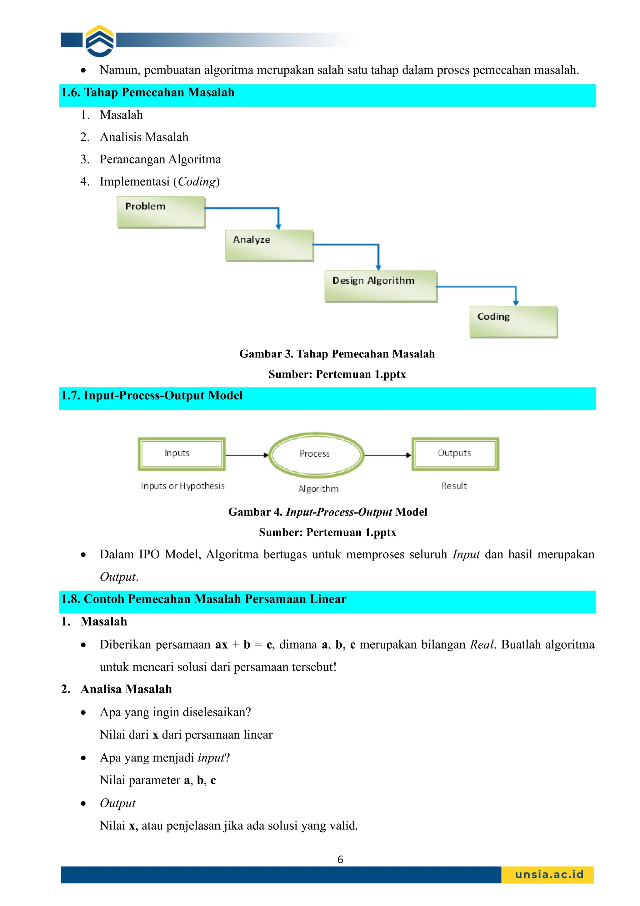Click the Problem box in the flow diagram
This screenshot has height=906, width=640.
(x=161, y=212)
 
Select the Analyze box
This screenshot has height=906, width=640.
(x=269, y=245)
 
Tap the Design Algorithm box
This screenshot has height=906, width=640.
(x=381, y=286)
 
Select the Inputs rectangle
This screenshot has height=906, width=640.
(x=181, y=454)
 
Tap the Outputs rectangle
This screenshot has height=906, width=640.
(x=455, y=454)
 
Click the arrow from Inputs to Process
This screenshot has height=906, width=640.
(x=247, y=455)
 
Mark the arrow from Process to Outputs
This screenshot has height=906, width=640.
(x=387, y=455)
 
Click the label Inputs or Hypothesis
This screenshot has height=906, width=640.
(x=182, y=486)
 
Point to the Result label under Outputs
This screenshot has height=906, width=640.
(x=453, y=486)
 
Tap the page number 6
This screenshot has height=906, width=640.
(x=340, y=859)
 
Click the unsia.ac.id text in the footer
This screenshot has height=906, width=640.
(x=549, y=874)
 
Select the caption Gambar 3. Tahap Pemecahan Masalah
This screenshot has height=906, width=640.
(x=337, y=354)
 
